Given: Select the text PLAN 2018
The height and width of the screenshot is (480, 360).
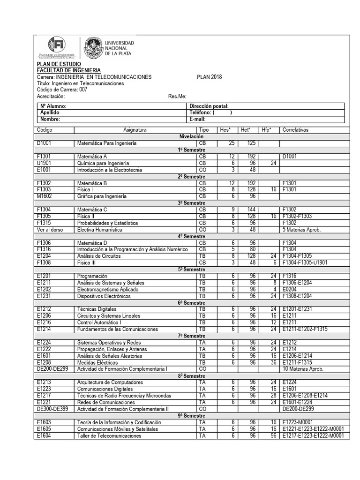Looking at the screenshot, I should click(x=210, y=77).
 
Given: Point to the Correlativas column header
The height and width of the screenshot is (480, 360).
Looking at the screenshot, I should click(x=295, y=129).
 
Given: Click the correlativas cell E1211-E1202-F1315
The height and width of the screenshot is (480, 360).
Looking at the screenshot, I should click(x=305, y=330).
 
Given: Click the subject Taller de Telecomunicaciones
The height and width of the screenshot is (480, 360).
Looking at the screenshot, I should click(x=109, y=436).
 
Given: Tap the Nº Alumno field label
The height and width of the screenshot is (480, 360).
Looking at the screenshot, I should click(x=53, y=106).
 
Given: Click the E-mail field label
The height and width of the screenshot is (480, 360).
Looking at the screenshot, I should click(x=198, y=119).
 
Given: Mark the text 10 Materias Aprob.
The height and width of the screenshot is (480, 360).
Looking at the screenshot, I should click(x=303, y=369).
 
